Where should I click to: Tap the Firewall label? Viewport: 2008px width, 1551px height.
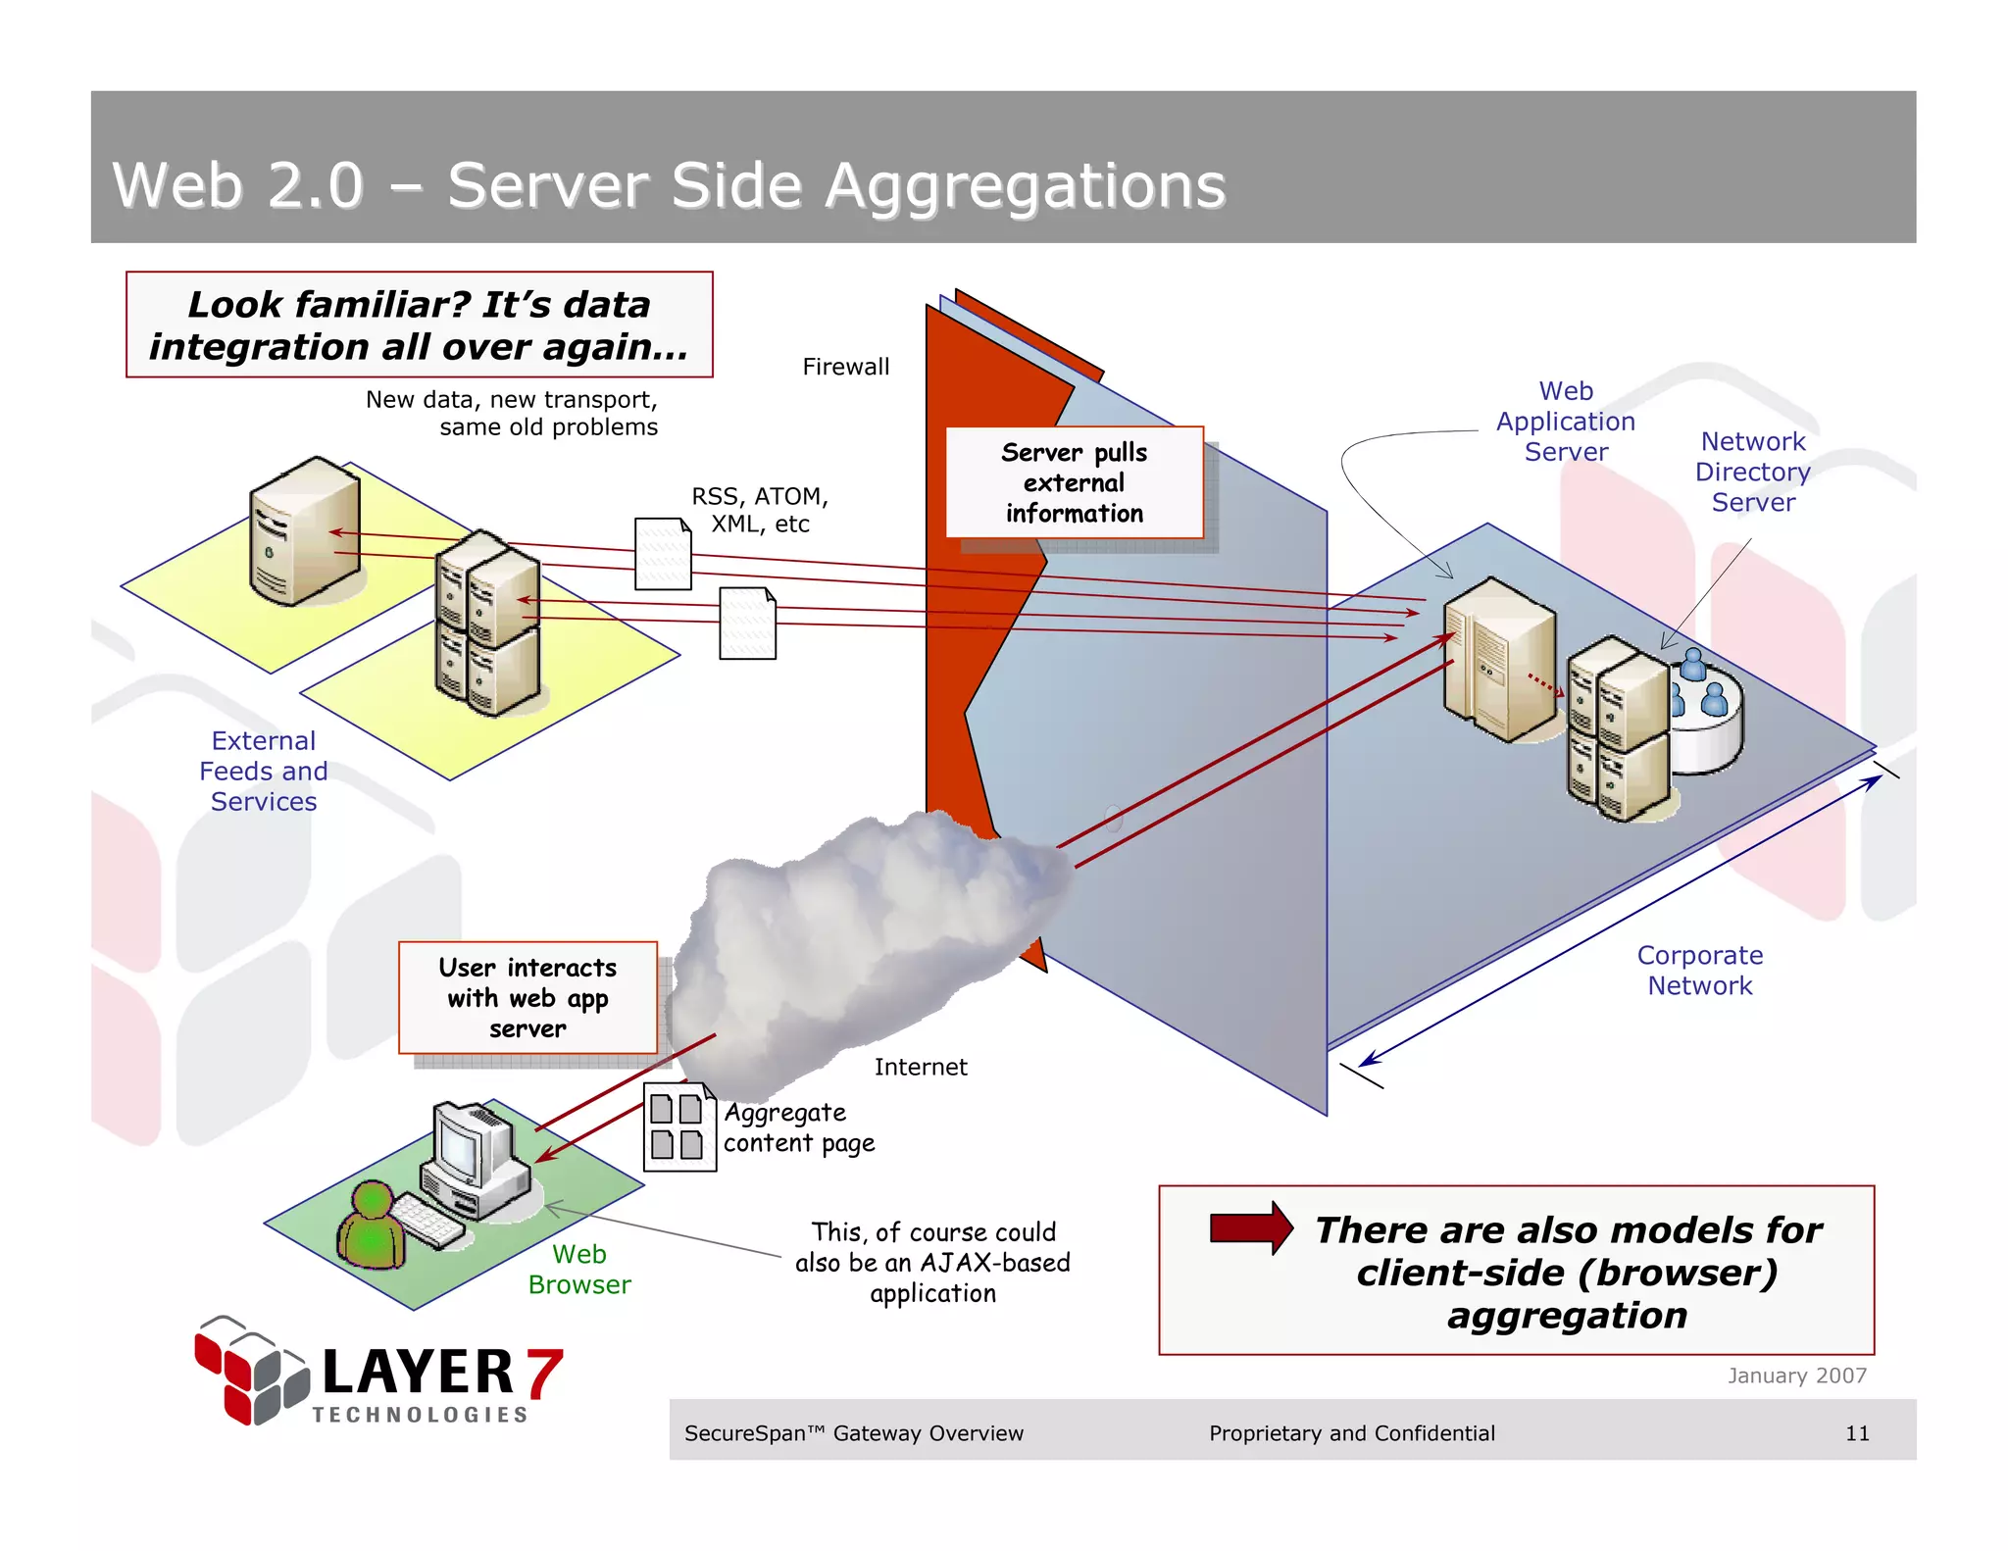[x=845, y=367]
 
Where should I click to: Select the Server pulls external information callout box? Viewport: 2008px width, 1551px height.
[x=1074, y=482]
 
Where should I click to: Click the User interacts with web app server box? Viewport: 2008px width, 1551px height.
[x=527, y=997]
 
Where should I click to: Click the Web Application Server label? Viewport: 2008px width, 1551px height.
[x=1565, y=422]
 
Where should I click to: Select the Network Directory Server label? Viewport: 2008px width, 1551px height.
[x=1752, y=472]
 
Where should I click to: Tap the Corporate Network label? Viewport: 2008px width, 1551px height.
[x=1699, y=970]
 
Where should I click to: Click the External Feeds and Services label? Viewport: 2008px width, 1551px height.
[x=264, y=771]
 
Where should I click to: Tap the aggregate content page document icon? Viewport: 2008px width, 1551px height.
[x=678, y=1126]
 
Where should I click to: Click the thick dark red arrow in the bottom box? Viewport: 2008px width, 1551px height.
[x=1251, y=1227]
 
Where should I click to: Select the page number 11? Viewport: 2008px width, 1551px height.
[x=1856, y=1433]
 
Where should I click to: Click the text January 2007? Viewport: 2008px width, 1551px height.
[x=1796, y=1376]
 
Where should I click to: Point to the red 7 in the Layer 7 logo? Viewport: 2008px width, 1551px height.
[x=544, y=1372]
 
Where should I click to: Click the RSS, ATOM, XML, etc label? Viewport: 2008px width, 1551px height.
[x=760, y=510]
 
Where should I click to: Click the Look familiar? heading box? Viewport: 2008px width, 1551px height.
[x=419, y=325]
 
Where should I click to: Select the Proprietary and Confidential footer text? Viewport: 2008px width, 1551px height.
[x=1351, y=1433]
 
